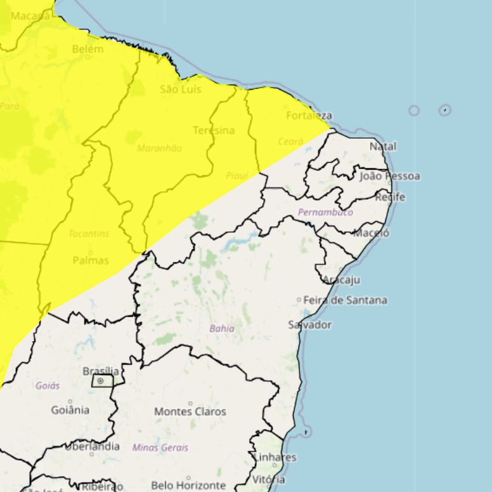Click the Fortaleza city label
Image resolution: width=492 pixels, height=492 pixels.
[309, 116]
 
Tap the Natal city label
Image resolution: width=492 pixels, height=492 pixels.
[383, 146]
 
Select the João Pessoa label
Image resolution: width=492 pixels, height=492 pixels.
[390, 176]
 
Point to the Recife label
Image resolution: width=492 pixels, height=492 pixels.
[390, 197]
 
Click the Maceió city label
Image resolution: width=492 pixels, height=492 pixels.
[371, 233]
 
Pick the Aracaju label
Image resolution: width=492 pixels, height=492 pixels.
[341, 280]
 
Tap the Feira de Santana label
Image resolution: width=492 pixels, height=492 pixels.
[345, 300]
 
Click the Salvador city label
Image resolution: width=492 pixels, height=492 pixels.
[310, 325]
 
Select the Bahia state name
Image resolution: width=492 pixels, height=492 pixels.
[222, 329]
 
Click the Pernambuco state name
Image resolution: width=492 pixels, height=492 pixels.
[325, 212]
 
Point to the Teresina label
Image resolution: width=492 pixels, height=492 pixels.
[214, 130]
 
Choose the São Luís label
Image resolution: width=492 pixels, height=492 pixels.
[181, 89]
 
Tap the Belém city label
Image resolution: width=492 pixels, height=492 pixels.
[88, 49]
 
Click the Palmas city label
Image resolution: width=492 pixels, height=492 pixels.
[91, 261]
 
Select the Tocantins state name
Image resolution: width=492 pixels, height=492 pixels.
[89, 233]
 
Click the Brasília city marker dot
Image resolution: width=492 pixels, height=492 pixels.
[100, 381]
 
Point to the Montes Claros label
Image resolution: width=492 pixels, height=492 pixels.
[190, 411]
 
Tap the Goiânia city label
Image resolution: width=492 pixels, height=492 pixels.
[70, 409]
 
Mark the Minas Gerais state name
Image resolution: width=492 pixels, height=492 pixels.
[160, 448]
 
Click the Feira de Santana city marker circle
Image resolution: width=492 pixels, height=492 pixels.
[299, 300]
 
